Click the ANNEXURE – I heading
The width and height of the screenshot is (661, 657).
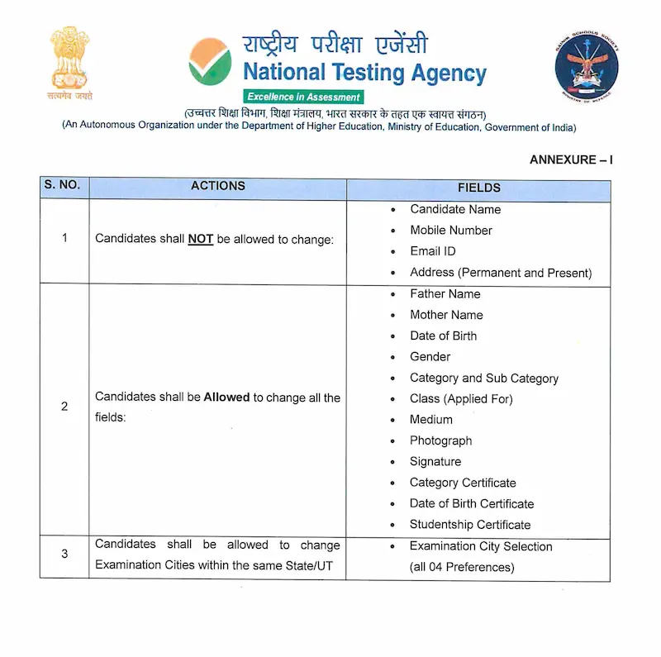pyautogui.click(x=571, y=159)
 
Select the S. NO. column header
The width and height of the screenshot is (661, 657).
pyautogui.click(x=62, y=186)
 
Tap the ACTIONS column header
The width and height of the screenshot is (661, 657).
pyautogui.click(x=217, y=186)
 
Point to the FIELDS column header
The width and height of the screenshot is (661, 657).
pyautogui.click(x=479, y=188)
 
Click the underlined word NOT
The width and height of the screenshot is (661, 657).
pyautogui.click(x=201, y=239)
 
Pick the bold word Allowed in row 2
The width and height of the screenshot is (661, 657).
pyautogui.click(x=226, y=398)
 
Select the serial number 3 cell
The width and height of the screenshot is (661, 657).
pyautogui.click(x=64, y=554)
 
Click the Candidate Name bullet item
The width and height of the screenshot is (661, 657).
pyautogui.click(x=455, y=209)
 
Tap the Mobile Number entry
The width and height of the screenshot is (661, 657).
pyautogui.click(x=451, y=231)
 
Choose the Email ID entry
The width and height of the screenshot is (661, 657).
pyautogui.click(x=432, y=251)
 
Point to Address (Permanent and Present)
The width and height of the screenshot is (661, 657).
pyautogui.click(x=501, y=273)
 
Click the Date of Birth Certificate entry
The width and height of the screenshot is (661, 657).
pyautogui.click(x=472, y=503)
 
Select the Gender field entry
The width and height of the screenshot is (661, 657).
pyautogui.click(x=430, y=357)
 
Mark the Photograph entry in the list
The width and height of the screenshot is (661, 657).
pyautogui.click(x=440, y=440)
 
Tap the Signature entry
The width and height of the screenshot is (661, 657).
pyautogui.click(x=435, y=462)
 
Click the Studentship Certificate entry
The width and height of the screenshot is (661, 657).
pyautogui.click(x=470, y=525)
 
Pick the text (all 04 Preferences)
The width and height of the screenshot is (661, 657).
pyautogui.click(x=462, y=567)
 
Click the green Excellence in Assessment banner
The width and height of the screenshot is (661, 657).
pyautogui.click(x=303, y=97)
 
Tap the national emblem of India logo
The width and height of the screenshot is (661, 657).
pyautogui.click(x=69, y=63)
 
